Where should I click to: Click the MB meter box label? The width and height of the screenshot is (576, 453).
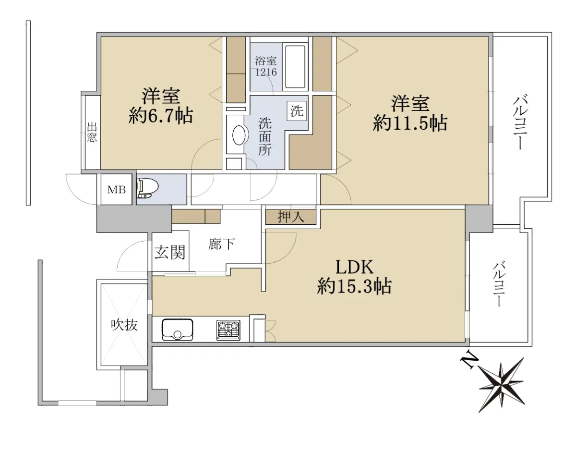pyautogui.click(x=116, y=190)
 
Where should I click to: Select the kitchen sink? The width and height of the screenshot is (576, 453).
pyautogui.click(x=177, y=330)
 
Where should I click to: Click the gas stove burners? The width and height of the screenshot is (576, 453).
pyautogui.click(x=228, y=330)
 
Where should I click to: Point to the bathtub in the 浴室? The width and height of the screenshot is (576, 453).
pyautogui.click(x=295, y=67)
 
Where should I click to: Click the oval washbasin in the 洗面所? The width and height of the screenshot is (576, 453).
pyautogui.click(x=239, y=135)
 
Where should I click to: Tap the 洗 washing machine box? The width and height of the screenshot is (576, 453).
pyautogui.click(x=297, y=111)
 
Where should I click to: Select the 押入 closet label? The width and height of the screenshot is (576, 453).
pyautogui.click(x=291, y=217)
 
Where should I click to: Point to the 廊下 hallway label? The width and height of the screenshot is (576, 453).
pyautogui.click(x=221, y=244)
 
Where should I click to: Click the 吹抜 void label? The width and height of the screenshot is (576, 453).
pyautogui.click(x=124, y=325)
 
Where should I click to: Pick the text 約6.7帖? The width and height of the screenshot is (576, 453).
pyautogui.click(x=161, y=116)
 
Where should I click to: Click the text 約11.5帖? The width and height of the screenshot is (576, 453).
pyautogui.click(x=410, y=123)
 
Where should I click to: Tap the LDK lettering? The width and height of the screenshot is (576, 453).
pyautogui.click(x=355, y=267)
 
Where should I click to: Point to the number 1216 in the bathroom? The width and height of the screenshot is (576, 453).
pyautogui.click(x=266, y=72)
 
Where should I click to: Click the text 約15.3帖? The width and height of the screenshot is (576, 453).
pyautogui.click(x=354, y=286)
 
